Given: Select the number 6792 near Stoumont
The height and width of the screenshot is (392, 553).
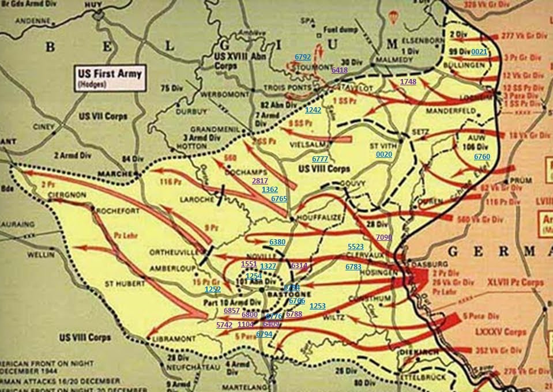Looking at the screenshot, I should (303, 57).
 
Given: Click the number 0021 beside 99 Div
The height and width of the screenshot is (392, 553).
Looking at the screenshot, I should (479, 52).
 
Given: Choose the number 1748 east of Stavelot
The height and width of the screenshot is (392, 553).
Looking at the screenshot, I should (408, 82).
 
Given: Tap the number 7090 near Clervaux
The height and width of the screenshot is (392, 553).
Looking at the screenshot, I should (383, 237).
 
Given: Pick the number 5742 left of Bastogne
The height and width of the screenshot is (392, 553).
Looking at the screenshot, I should (224, 325).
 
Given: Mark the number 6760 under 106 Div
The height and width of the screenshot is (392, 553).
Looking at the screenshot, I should (482, 157).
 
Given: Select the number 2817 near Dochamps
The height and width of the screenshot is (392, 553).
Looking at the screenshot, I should (260, 181).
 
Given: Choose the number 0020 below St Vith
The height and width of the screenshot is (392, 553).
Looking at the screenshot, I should (384, 154).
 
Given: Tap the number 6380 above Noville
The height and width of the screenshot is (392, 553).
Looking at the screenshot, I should (277, 242).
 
